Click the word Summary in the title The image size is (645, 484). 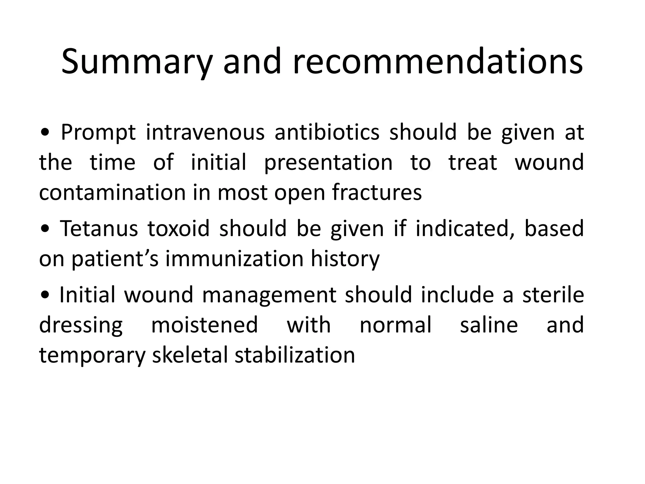(136, 62)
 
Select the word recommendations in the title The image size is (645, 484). (438, 62)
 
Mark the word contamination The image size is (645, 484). (112, 193)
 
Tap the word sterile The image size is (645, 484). (553, 295)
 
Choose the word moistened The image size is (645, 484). (205, 325)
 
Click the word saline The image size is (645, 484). (489, 325)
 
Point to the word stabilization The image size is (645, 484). (295, 355)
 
